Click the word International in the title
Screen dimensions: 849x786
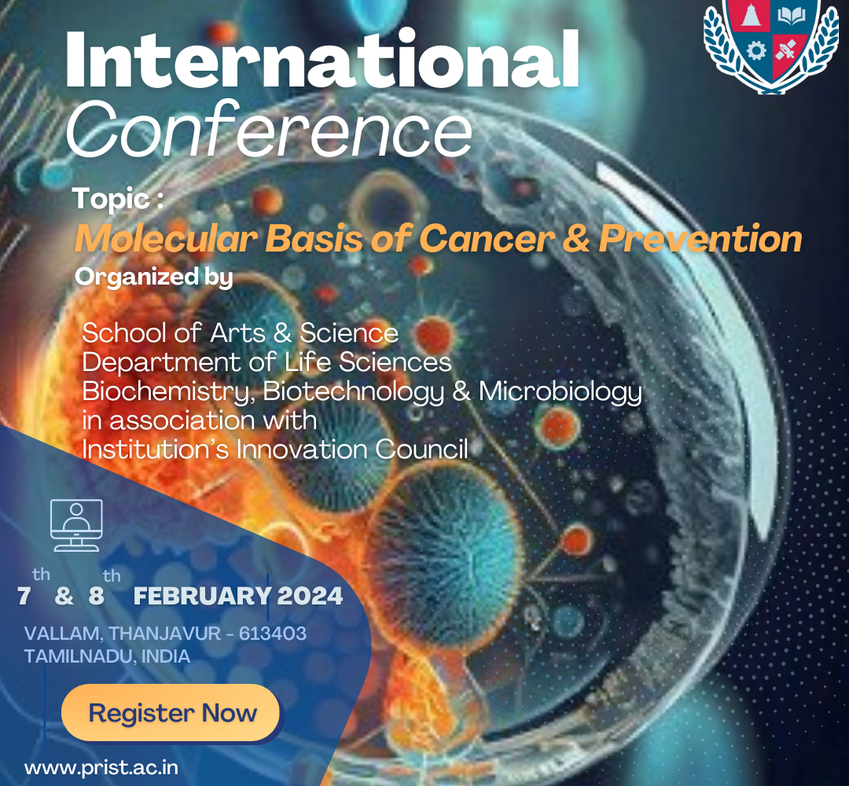322,60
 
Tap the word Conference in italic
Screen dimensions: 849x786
269,129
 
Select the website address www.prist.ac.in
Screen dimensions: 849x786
101,768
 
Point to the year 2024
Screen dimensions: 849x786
310,596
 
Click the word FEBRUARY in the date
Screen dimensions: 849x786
202,596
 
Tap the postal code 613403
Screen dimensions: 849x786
272,633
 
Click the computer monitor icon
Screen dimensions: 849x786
76,525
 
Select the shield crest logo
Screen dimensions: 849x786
771,46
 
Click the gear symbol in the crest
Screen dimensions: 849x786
756,51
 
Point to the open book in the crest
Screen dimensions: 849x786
791,17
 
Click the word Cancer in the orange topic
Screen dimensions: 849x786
487,239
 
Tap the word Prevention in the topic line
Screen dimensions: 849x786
700,239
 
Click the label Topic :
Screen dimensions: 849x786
118,199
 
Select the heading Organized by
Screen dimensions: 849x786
154,277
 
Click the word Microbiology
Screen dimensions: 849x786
560,392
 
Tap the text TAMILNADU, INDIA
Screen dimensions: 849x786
107,656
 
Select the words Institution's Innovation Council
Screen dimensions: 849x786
275,450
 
